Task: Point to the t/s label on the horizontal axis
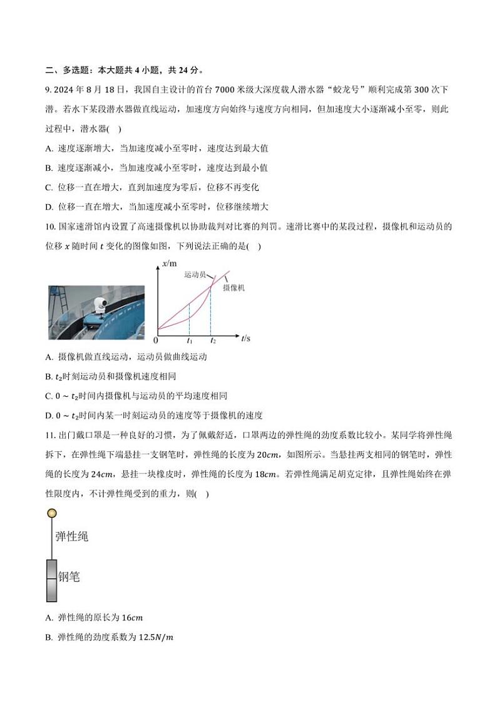(x=247, y=339)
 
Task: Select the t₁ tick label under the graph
(x=189, y=341)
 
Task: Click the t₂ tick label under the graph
(x=212, y=341)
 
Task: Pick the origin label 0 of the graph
(x=156, y=341)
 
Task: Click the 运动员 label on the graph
(x=195, y=275)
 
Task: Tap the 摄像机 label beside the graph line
(x=233, y=288)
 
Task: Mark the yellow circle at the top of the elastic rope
(x=52, y=513)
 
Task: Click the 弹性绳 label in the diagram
(x=71, y=536)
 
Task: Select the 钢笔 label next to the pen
(x=69, y=577)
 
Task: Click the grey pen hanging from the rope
(x=52, y=580)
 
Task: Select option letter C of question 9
(x=49, y=187)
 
